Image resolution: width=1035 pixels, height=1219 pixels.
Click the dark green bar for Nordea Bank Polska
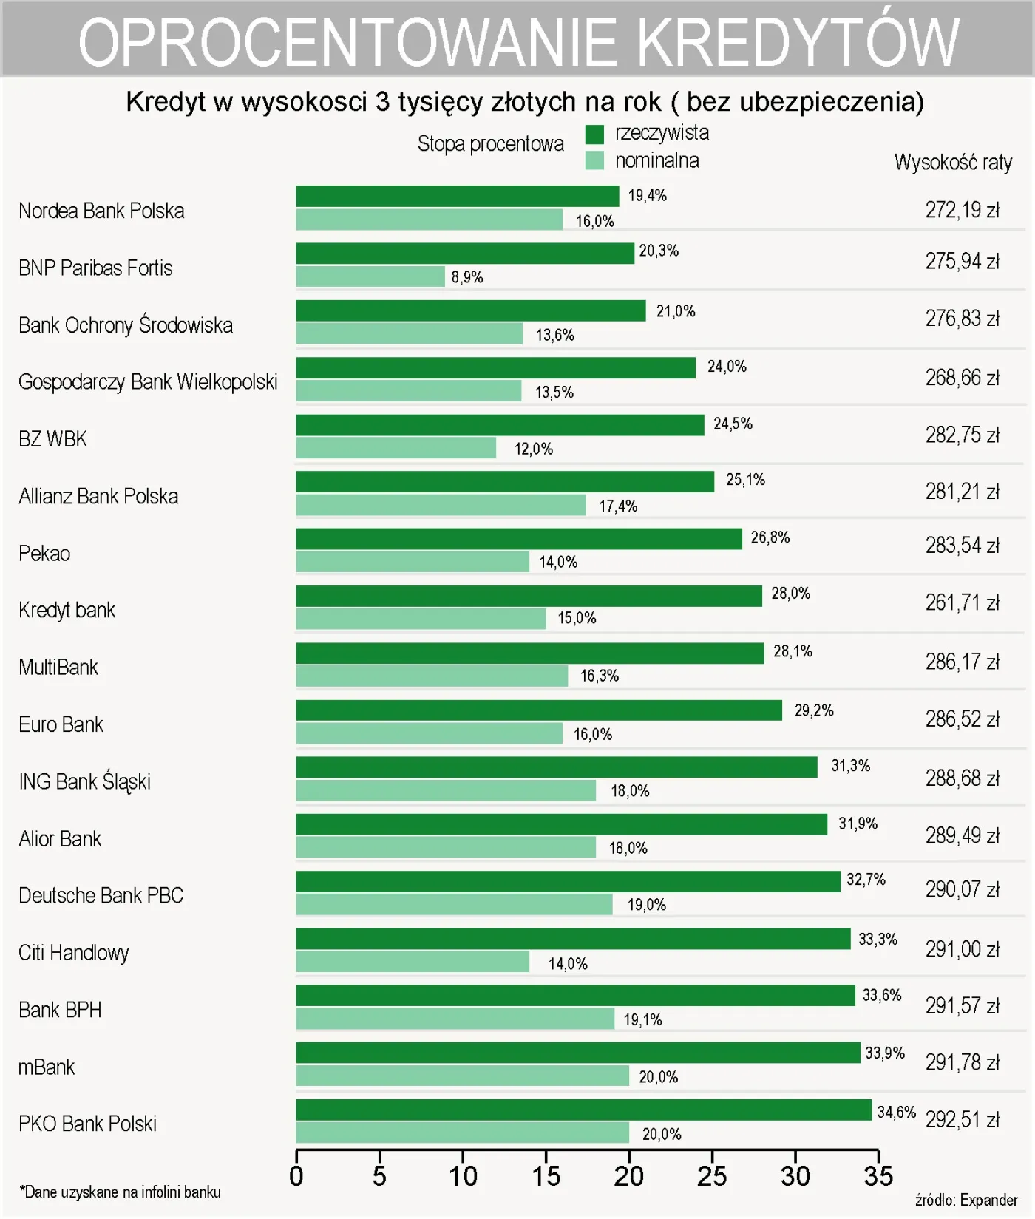pos(457,196)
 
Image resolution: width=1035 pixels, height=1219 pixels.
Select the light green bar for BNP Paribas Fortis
pos(370,276)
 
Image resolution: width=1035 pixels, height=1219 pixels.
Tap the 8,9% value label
pos(467,277)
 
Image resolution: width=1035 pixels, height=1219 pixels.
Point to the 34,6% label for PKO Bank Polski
pos(896,1112)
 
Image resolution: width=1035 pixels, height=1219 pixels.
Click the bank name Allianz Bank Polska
pos(98,496)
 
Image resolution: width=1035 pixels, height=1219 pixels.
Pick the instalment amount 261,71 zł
pos(962,603)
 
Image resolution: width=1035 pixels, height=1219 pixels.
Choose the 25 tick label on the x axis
pos(712,1176)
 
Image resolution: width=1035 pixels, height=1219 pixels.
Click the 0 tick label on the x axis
pos(296,1176)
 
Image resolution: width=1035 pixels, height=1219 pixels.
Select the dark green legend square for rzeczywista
pos(594,134)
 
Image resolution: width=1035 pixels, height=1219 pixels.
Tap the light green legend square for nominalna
pos(594,160)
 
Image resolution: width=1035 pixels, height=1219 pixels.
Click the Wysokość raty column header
pos(953,162)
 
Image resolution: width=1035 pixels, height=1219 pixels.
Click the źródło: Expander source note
pos(966,1200)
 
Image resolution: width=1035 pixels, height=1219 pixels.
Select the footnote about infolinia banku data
pos(120,1192)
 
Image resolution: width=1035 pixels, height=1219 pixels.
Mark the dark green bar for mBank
pos(578,1053)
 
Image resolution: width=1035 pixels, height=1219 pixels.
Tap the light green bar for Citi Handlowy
pos(413,962)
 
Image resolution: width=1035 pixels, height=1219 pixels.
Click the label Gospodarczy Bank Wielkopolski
pos(148,382)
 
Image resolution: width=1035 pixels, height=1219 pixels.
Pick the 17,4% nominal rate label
pos(618,506)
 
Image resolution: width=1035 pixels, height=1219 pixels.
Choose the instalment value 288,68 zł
pos(962,778)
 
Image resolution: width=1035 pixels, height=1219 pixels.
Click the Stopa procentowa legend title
pos(490,143)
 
